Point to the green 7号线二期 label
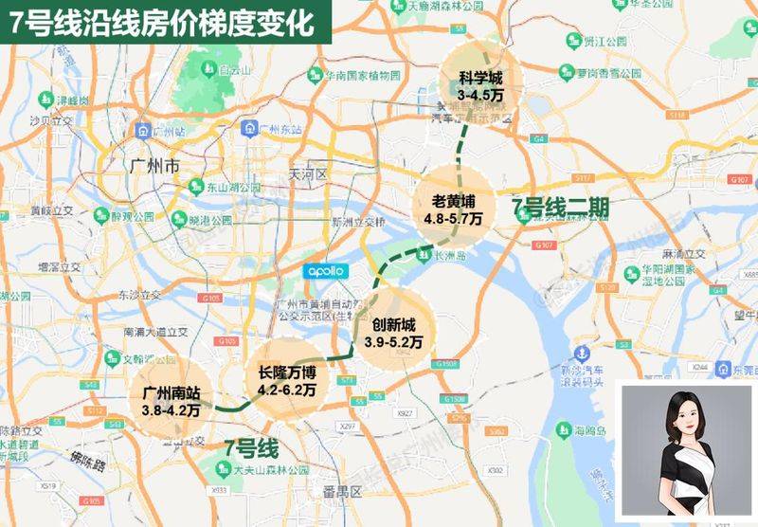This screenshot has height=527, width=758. tap(560, 208)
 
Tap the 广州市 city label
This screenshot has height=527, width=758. tap(153, 166)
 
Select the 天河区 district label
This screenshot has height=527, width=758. tap(306, 174)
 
